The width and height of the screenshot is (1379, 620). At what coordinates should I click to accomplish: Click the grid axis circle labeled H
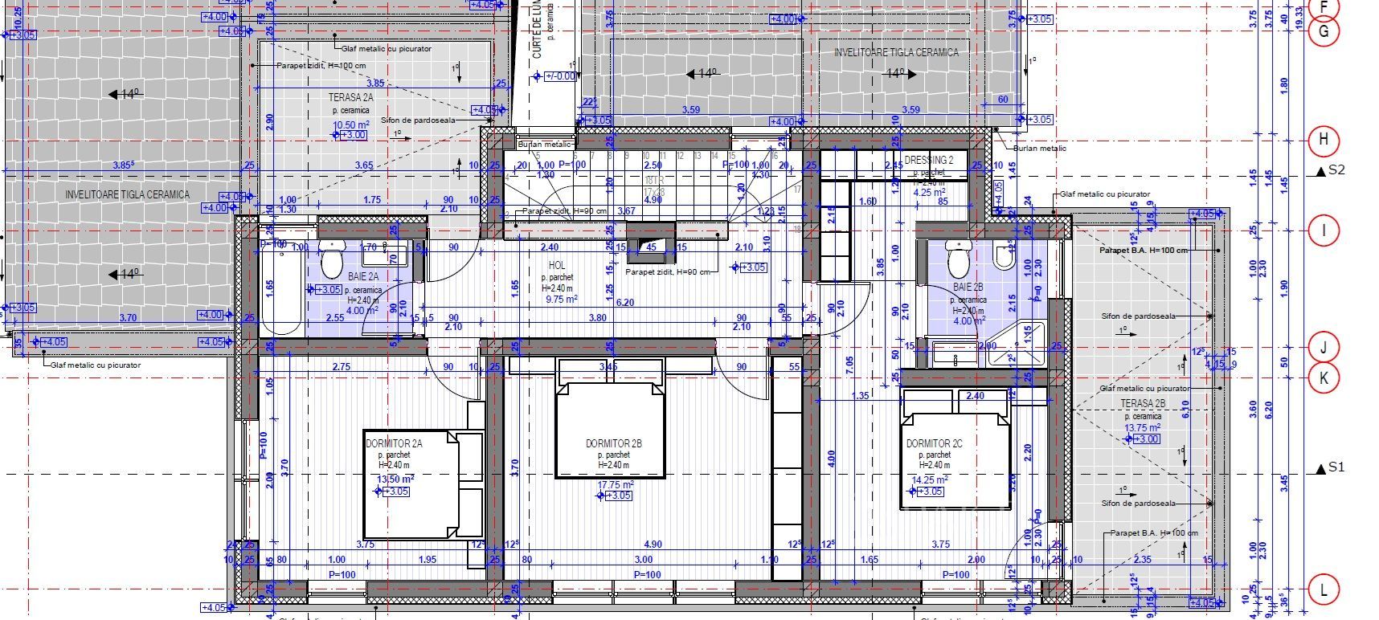(x=1324, y=141)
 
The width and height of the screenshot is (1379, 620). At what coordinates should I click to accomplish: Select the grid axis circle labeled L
(x=1324, y=590)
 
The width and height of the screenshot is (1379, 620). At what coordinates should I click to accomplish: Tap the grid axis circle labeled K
(x=1324, y=377)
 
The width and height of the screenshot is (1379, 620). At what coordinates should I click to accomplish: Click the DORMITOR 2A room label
(x=393, y=443)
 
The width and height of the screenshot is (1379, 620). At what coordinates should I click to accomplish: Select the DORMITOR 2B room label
(x=613, y=443)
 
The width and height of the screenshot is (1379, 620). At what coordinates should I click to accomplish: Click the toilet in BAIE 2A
(x=332, y=259)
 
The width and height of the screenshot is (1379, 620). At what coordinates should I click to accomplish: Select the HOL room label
(x=557, y=265)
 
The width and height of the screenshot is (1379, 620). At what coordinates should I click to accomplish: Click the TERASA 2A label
(x=351, y=97)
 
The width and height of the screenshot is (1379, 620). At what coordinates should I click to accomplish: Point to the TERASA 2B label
(x=1143, y=404)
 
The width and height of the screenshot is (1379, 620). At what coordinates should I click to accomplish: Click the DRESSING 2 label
(x=929, y=160)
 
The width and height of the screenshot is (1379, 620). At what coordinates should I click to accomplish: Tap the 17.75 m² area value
(x=616, y=484)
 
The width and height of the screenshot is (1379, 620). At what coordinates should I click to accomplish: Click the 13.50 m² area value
(x=395, y=479)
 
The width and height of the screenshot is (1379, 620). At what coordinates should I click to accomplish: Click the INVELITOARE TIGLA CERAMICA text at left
(x=127, y=194)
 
